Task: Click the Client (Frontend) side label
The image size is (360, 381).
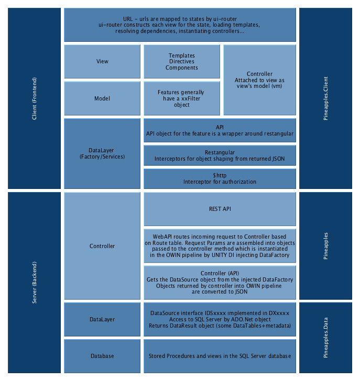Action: [x=35, y=98]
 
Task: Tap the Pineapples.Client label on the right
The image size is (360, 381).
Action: [x=326, y=98]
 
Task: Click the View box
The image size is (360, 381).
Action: [x=102, y=61]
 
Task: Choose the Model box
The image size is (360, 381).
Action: [x=102, y=98]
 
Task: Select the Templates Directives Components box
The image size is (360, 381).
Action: [x=181, y=61]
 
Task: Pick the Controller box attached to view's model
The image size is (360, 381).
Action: [x=259, y=80]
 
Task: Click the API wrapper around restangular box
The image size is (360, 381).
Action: [x=220, y=130]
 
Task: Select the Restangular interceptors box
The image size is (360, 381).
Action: [x=220, y=155]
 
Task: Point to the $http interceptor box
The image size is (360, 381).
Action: [x=220, y=178]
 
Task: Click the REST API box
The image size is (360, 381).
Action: [x=220, y=209]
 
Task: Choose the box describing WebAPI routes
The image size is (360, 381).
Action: [x=220, y=246]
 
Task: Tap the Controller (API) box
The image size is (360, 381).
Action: [x=220, y=283]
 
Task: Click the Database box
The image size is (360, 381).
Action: [x=102, y=356]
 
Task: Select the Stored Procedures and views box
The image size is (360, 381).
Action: [x=220, y=356]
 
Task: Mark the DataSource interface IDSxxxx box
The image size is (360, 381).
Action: [x=220, y=319]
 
